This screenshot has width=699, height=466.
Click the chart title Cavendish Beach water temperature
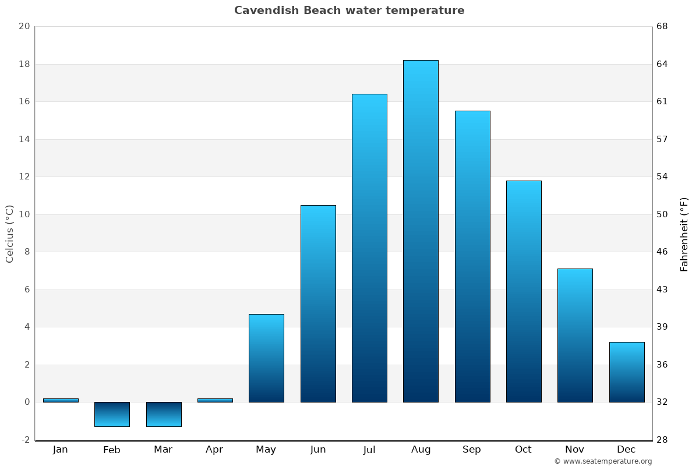pyautogui.click(x=349, y=10)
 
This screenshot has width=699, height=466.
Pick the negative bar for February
pyautogui.click(x=112, y=414)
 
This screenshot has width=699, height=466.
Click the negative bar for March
pyautogui.click(x=164, y=414)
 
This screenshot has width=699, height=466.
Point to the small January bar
pyautogui.click(x=61, y=400)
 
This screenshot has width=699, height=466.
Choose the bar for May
pyautogui.click(x=266, y=358)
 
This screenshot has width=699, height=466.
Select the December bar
pyautogui.click(x=627, y=372)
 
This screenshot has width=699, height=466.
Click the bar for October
pyautogui.click(x=524, y=291)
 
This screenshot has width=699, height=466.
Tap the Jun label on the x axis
pyautogui.click(x=318, y=450)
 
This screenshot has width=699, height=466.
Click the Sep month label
pyautogui.click(x=472, y=450)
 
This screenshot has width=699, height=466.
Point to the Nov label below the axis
pyautogui.click(x=574, y=450)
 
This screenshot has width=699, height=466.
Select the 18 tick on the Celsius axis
pyautogui.click(x=24, y=64)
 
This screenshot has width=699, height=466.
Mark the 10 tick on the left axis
pyautogui.click(x=24, y=214)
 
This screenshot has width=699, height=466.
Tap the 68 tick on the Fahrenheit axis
pyautogui.click(x=663, y=26)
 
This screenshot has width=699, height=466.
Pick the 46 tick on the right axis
pyautogui.click(x=663, y=252)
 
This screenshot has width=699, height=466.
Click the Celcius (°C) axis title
pyautogui.click(x=9, y=234)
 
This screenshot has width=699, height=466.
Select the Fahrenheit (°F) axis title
pyautogui.click(x=684, y=234)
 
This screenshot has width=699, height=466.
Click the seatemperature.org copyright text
pyautogui.click(x=603, y=461)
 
